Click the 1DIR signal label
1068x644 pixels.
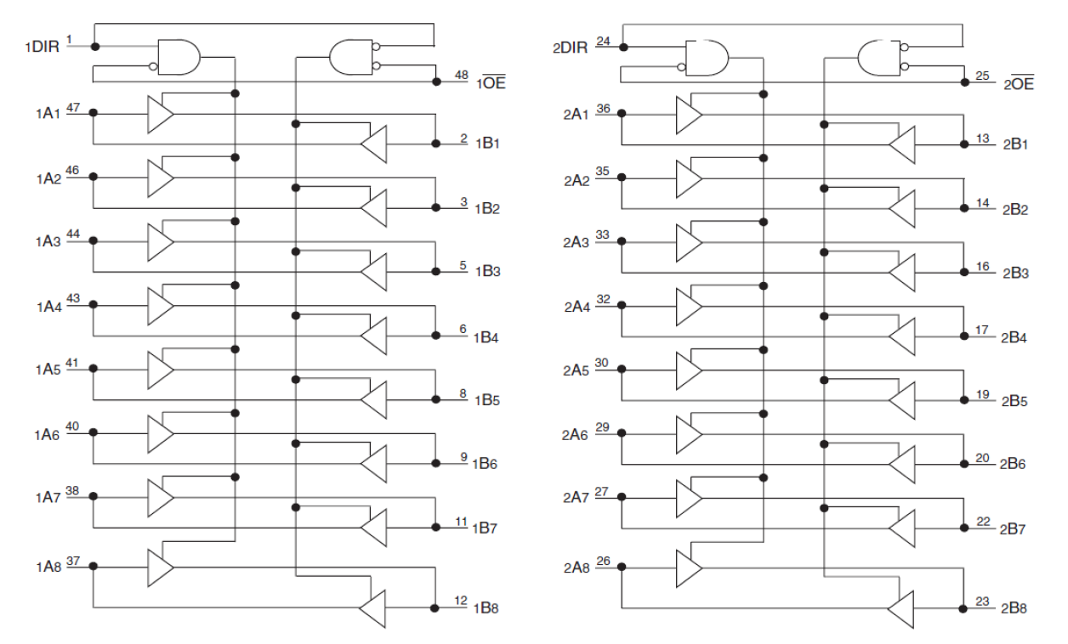pos(42,48)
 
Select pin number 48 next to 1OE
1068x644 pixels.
pos(461,76)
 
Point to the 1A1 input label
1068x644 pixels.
pos(47,114)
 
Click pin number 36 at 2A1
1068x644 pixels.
pos(603,107)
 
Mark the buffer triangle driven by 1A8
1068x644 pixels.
pos(160,567)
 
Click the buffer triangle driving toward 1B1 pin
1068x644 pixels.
pos(373,144)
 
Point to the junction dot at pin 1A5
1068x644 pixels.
pos(94,369)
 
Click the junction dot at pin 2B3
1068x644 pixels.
pos(963,273)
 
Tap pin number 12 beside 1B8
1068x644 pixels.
pos(461,602)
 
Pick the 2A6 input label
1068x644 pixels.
pos(576,434)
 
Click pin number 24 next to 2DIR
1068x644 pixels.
pos(603,40)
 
